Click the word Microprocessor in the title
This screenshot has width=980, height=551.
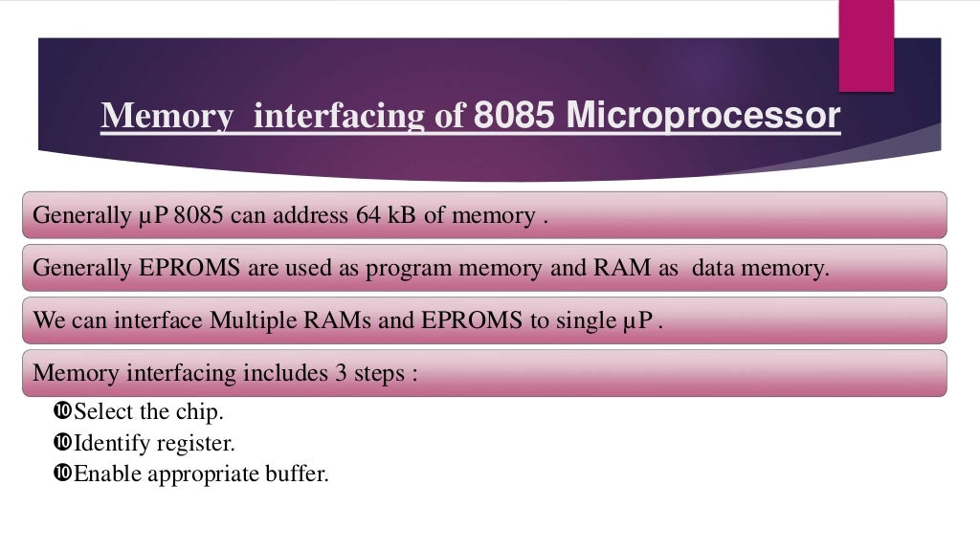click(x=703, y=116)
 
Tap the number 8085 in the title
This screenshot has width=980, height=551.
click(x=516, y=116)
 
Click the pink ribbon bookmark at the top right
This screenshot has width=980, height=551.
click(x=865, y=44)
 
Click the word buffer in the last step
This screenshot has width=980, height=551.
click(x=298, y=474)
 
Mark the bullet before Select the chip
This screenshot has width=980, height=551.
click(x=63, y=412)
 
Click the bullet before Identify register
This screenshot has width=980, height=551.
click(x=63, y=443)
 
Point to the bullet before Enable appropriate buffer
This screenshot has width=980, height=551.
click(x=63, y=473)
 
